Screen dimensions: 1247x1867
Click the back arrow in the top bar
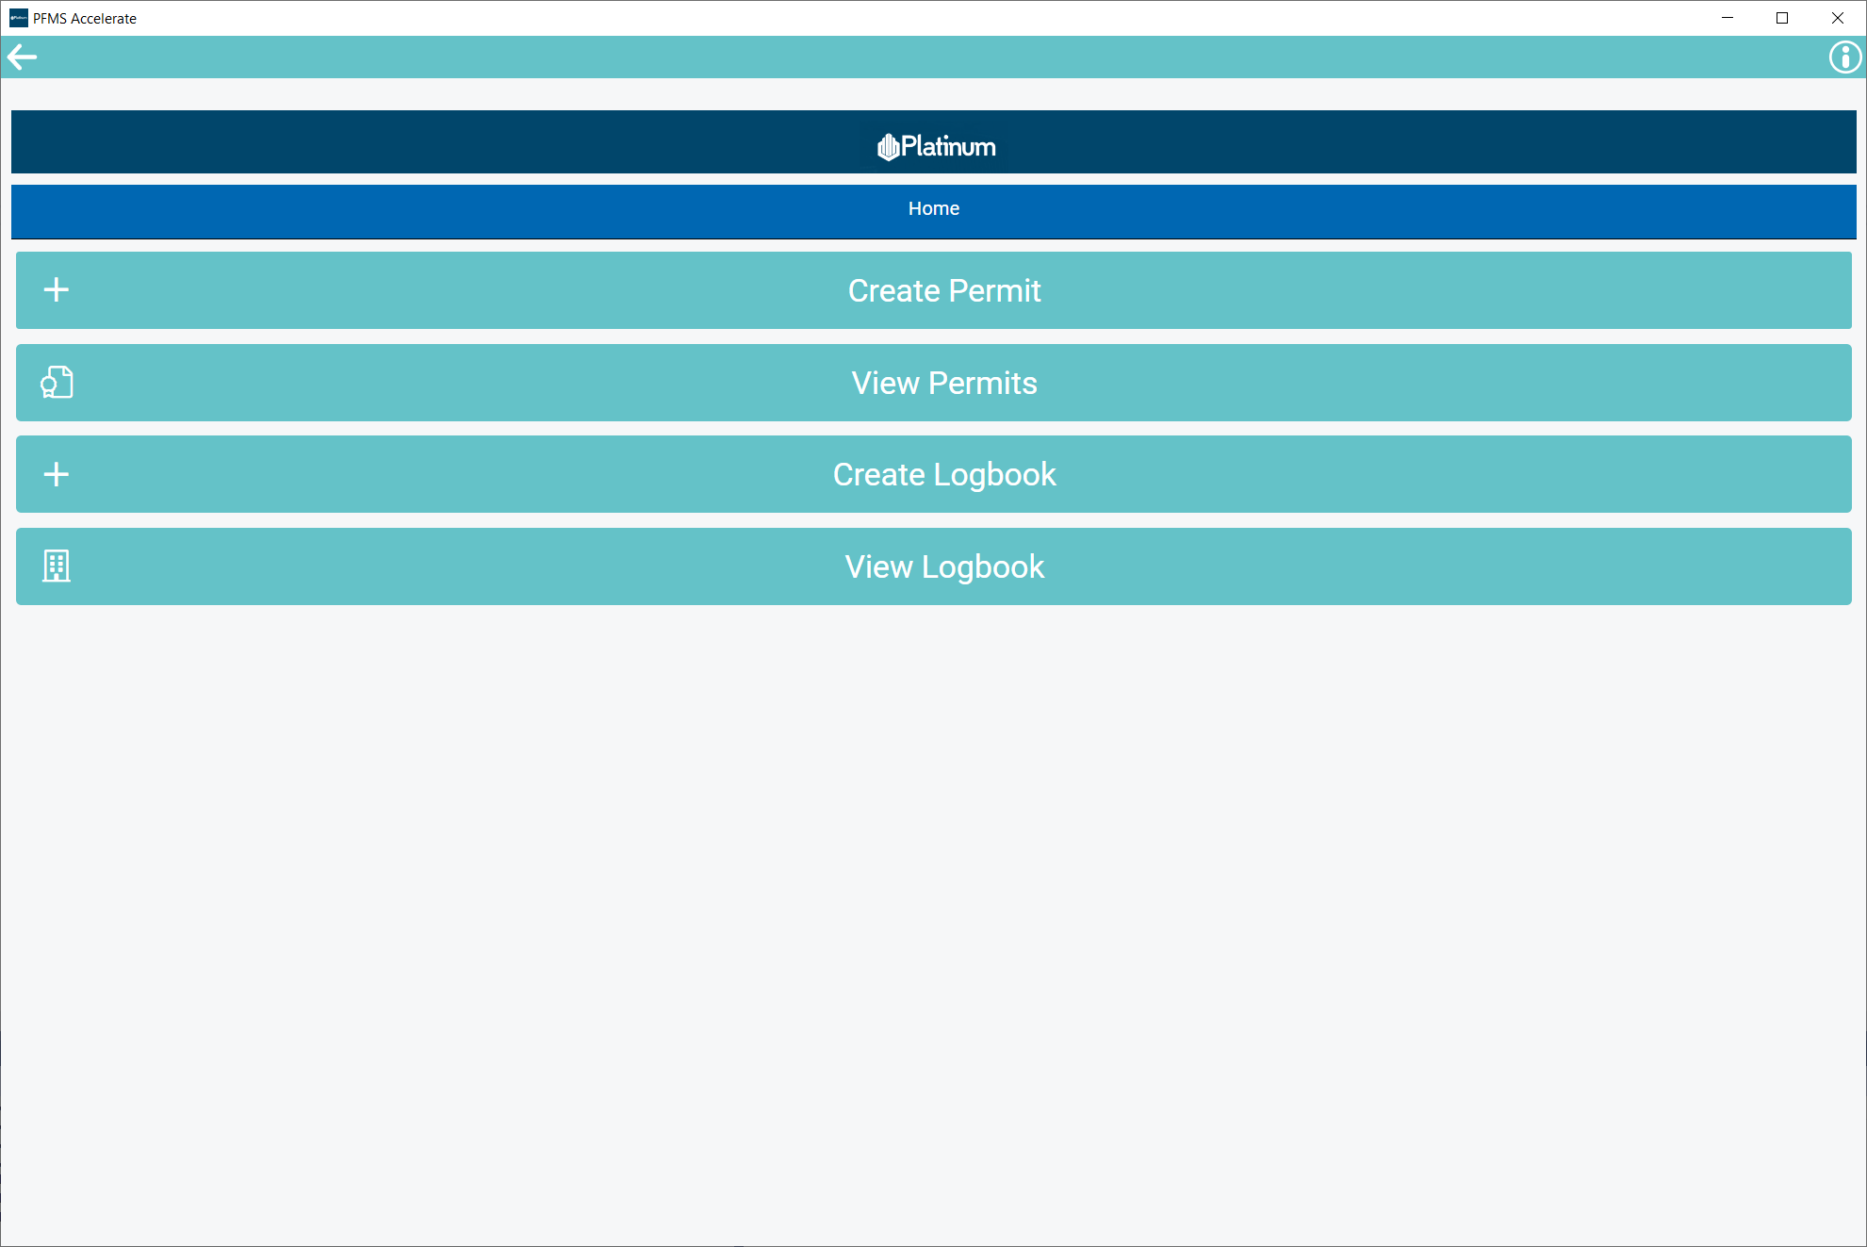(22, 57)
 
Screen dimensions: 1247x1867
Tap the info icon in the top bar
(1844, 57)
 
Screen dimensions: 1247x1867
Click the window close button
(1837, 18)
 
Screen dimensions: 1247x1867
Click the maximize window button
(1782, 18)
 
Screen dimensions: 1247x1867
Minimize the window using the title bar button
(1728, 18)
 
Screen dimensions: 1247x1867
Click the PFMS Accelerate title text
(85, 19)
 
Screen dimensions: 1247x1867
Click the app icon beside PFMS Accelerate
(18, 18)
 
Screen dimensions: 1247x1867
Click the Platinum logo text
(948, 147)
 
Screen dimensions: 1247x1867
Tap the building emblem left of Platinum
(887, 147)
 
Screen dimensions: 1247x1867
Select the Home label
(933, 208)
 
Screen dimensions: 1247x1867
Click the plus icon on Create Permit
(57, 289)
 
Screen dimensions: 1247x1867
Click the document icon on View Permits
(57, 382)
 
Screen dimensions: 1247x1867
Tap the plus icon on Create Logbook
(57, 474)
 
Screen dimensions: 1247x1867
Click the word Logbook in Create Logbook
(994, 475)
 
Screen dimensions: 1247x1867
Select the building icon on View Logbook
(57, 566)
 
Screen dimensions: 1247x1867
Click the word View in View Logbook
(878, 567)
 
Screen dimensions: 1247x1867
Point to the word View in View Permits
(885, 384)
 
